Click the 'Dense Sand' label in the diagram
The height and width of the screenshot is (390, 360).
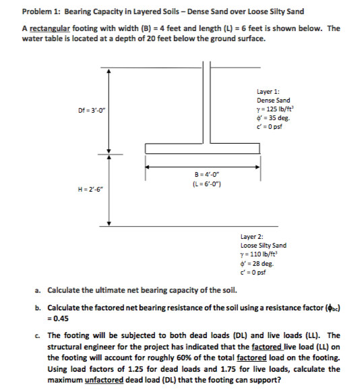pos(274,101)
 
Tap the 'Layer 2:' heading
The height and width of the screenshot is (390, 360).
pos(252,237)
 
